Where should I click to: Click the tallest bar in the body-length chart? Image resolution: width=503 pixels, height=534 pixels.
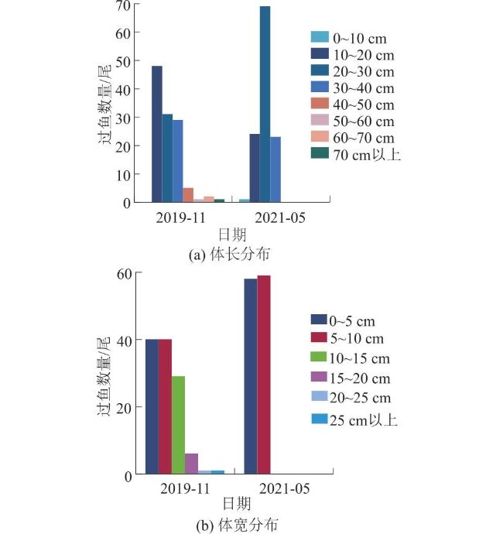265,104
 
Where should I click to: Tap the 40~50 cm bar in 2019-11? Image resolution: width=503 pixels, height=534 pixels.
188,195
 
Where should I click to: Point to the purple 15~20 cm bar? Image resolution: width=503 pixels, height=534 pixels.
191,464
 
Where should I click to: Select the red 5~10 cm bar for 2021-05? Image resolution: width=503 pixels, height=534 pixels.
264,375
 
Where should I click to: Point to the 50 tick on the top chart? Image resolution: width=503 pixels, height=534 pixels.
121,61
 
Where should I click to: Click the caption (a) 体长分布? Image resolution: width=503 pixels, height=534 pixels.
224,254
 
